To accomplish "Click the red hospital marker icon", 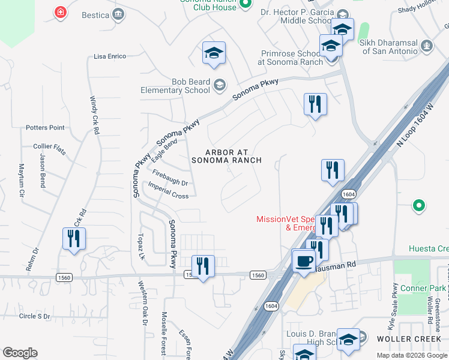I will click(x=60, y=13).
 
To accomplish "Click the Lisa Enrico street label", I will click(x=110, y=56).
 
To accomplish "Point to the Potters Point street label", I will click(x=45, y=128).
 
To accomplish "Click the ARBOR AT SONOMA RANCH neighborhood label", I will click(x=226, y=157).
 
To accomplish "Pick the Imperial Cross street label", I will click(x=170, y=191).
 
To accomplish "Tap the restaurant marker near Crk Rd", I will click(x=74, y=239).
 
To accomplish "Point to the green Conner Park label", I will click(x=423, y=289).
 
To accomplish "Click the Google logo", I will click(x=20, y=353).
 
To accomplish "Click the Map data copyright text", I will click(x=412, y=355).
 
